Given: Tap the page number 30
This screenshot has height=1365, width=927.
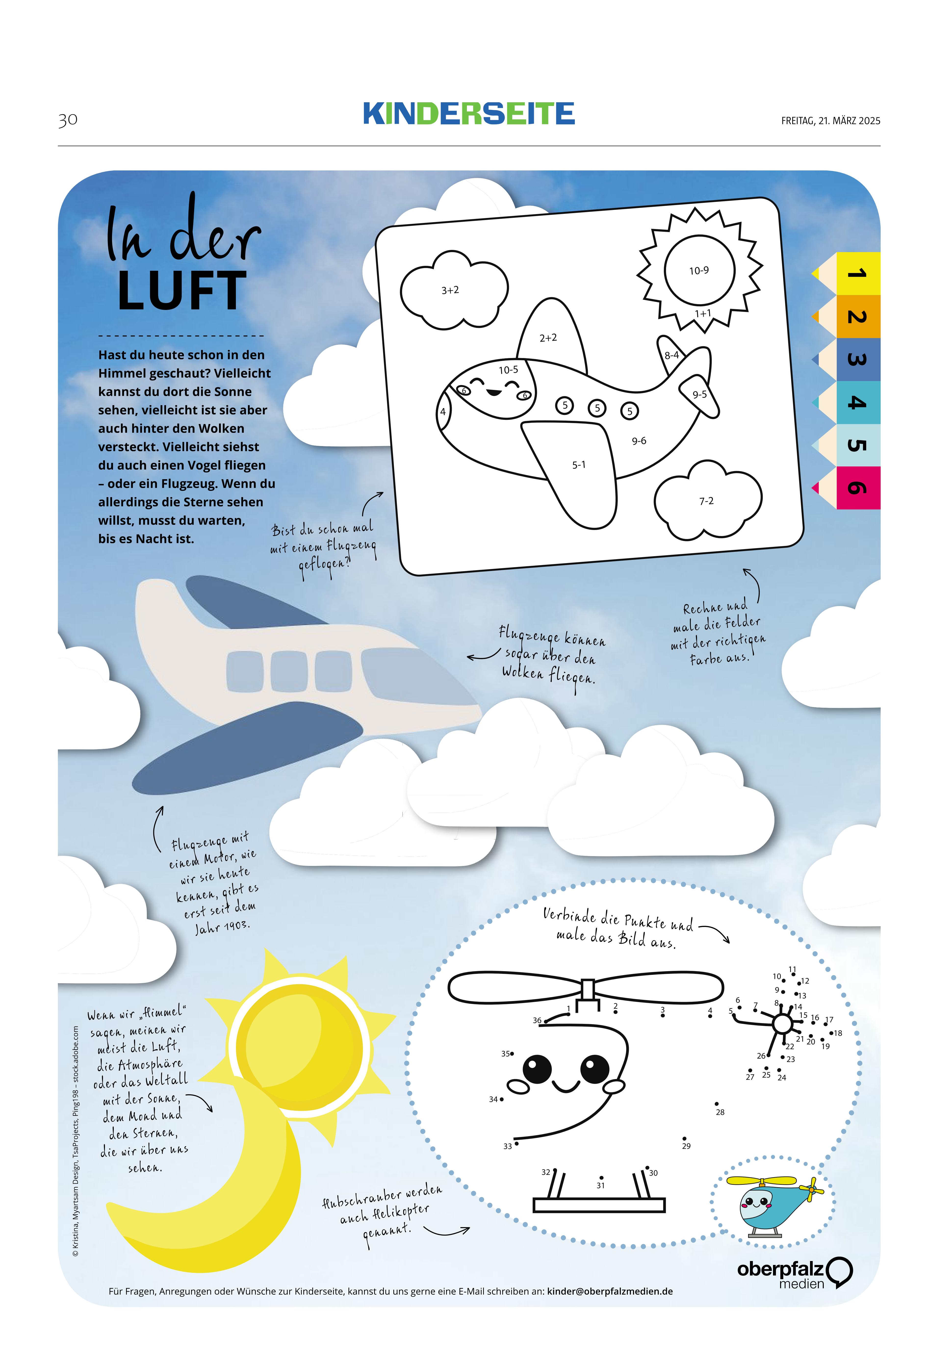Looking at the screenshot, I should [67, 120].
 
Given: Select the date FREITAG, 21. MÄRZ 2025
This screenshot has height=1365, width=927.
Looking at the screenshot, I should [830, 121].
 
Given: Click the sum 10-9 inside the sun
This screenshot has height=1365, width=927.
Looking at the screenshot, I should [698, 271].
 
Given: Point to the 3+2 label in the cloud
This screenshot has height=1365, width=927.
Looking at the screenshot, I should [450, 290].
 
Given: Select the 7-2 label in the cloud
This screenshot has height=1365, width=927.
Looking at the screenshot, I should [706, 501].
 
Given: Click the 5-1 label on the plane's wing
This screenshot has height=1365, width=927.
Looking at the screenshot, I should [579, 464].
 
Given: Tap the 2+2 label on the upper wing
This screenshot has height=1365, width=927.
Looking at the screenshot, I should [548, 338].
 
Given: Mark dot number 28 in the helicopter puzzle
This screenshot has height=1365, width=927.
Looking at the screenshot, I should [717, 1104].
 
